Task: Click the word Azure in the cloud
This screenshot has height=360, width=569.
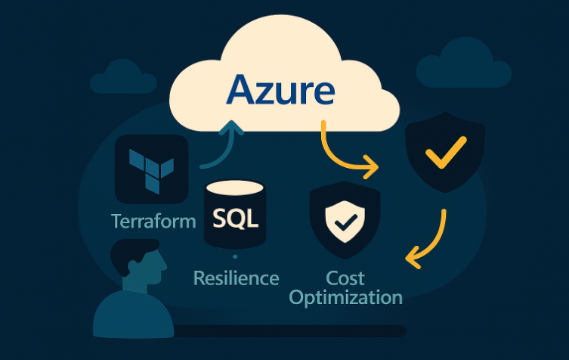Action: click(280, 89)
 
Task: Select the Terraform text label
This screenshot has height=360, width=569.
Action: click(153, 221)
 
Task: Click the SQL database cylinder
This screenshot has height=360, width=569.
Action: click(235, 215)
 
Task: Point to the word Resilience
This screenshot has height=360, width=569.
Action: click(236, 278)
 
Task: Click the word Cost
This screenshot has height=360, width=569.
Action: click(345, 277)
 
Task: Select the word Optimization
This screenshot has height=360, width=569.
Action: click(345, 296)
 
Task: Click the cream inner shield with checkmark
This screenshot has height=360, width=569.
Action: click(345, 219)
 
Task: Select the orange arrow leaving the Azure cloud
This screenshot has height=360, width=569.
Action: click(343, 152)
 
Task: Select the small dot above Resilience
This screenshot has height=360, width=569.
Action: click(235, 257)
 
